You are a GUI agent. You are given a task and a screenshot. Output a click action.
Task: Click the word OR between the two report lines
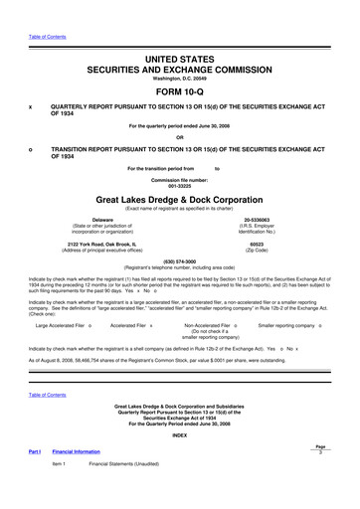tap(179, 137)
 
